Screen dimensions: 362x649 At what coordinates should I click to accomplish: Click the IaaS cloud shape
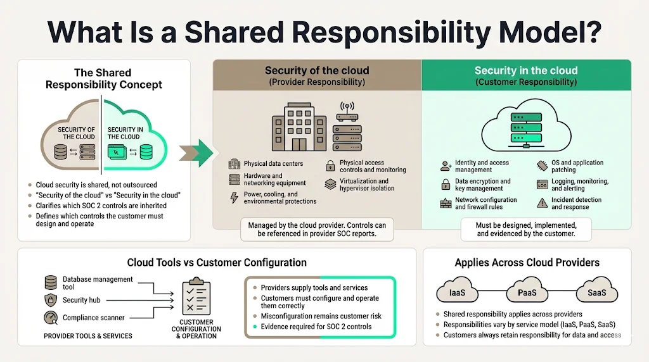[458, 292]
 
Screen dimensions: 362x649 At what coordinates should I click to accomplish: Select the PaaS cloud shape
[527, 292]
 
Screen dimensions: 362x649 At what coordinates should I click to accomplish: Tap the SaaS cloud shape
[596, 292]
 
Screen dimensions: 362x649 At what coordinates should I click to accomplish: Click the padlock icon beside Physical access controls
[330, 166]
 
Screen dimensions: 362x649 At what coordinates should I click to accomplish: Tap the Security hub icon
[51, 300]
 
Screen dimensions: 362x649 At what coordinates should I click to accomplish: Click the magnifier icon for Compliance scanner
[51, 318]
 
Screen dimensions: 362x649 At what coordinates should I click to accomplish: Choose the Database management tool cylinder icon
[51, 282]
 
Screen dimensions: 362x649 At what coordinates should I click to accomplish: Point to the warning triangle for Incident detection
[542, 203]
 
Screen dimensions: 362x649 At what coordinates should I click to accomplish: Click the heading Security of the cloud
[316, 71]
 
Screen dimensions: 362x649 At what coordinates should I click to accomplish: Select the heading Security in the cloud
[526, 71]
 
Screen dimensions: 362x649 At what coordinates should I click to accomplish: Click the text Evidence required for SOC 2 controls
[316, 327]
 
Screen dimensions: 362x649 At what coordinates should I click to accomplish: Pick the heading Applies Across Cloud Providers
[527, 262]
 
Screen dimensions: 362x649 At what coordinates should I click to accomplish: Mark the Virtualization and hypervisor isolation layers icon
[330, 185]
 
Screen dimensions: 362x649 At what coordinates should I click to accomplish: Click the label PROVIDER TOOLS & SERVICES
[88, 336]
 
